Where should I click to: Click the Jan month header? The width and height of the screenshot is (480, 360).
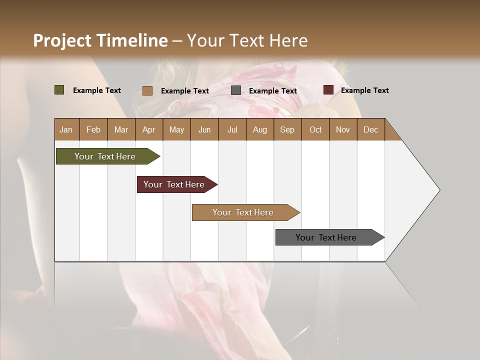[66, 129]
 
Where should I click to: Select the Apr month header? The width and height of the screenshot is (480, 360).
[148, 129]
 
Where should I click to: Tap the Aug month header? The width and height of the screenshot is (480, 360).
[259, 129]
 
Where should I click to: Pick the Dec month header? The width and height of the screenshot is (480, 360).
[370, 129]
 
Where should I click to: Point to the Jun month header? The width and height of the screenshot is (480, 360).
[204, 129]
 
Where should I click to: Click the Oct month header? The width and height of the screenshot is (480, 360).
[315, 129]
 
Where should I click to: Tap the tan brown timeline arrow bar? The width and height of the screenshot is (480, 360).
[243, 212]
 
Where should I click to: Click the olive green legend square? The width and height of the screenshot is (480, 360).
[59, 90]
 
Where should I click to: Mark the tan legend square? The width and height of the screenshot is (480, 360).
[147, 90]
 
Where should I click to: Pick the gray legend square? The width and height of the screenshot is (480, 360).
[236, 90]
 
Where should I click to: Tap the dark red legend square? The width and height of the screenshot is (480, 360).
[328, 90]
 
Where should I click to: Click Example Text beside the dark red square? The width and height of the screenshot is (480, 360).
[364, 90]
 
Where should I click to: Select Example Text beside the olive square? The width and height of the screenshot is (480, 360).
[96, 90]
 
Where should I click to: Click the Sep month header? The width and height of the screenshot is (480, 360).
[287, 129]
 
